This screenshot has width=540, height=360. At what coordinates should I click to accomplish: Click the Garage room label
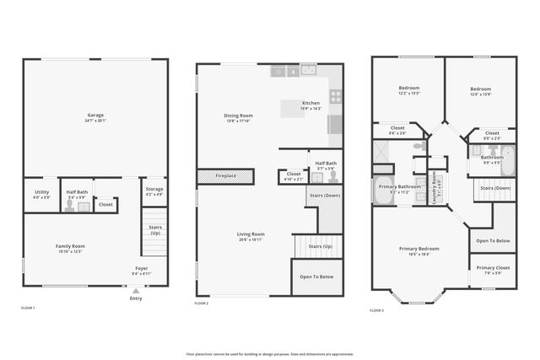95,116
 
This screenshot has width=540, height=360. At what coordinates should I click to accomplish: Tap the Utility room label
41,194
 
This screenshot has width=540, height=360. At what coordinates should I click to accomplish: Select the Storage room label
154,190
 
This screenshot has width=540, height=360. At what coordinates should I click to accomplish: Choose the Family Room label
70,246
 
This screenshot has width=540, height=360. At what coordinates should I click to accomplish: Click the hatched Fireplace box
225,176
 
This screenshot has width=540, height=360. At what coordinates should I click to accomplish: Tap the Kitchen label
310,104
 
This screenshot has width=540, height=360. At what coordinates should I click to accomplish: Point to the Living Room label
251,234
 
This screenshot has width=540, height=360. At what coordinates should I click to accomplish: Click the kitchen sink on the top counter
308,72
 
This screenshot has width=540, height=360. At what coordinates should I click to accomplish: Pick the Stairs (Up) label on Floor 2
320,246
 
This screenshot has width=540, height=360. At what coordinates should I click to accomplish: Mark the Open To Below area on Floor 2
316,277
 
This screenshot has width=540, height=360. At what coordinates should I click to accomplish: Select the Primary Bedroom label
419,249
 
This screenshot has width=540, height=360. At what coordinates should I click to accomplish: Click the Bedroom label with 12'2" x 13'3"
408,89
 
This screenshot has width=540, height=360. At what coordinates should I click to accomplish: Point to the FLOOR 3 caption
376,311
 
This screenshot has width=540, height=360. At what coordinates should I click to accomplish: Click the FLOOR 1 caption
27,308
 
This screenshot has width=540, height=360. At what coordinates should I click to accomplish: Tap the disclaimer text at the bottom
270,354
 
